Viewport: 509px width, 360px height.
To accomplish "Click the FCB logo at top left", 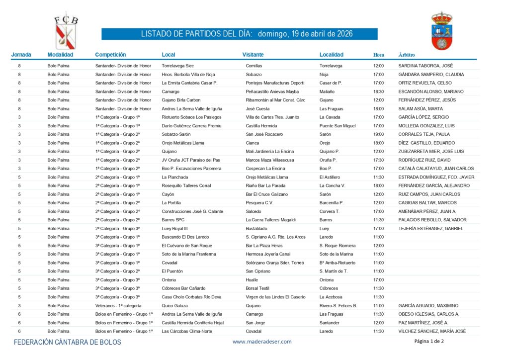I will coord(66,30).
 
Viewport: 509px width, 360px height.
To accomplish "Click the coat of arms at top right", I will coord(441,31).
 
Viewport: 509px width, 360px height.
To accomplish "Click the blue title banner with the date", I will coord(240,34).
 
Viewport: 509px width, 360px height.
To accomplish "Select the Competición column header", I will coord(110,55).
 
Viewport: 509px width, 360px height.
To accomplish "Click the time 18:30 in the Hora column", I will coord(378,91).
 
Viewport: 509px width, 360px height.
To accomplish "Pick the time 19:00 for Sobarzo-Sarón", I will coord(378,134).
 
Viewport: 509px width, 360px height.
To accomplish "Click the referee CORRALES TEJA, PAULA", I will coord(424,134).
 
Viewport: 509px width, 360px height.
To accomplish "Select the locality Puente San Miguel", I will coord(338,126).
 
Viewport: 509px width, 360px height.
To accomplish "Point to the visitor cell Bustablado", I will coord(257,228).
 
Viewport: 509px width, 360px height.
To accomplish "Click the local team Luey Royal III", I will coord(174,228).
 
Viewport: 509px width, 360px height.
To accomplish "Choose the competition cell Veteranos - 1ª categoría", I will coord(118,305).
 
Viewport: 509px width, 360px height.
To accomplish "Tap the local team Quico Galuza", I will coord(174,305).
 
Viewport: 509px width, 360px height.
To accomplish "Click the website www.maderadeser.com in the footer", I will coord(262,342).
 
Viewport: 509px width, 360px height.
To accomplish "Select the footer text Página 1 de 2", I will coord(429,341).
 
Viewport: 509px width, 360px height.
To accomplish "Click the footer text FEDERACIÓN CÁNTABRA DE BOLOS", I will coord(67,342).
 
